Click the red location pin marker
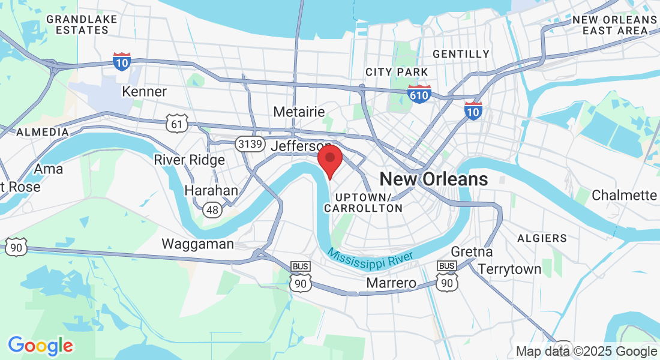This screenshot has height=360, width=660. [x=329, y=160]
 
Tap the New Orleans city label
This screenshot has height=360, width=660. [x=433, y=179]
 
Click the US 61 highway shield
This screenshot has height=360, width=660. [x=178, y=124]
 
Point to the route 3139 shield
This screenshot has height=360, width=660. [x=248, y=144]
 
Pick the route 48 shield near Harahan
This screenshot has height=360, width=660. [x=211, y=209]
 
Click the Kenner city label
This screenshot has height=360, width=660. [x=144, y=92]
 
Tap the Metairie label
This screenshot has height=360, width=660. [x=299, y=112]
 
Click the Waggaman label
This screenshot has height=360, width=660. [x=197, y=244]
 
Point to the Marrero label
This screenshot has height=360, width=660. [x=391, y=283]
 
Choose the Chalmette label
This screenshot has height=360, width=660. [x=624, y=195]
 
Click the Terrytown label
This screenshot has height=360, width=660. [x=509, y=269]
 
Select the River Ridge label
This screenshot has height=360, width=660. [x=189, y=160]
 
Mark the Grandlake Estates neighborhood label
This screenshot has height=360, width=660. [x=82, y=25]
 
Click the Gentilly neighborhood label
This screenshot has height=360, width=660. [x=461, y=54]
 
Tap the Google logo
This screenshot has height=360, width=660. [x=40, y=346]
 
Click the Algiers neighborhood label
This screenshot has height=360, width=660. [x=541, y=238]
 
